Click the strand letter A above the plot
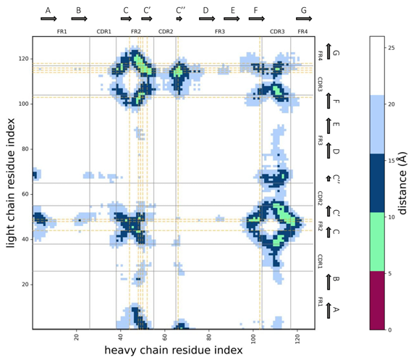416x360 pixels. tap(48, 10)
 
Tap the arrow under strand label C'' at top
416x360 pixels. tap(179, 19)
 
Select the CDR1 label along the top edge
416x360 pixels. tap(103, 32)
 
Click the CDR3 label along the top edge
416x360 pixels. tap(277, 32)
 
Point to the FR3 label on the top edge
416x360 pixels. tap(220, 32)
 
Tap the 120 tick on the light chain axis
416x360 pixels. tap(23, 59)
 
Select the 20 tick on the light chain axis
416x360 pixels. tap(25, 284)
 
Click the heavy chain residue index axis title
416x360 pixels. tap(174, 350)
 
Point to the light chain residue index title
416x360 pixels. tap(10, 183)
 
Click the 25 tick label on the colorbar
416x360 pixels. tap(391, 48)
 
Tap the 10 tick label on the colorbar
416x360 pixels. tap(391, 217)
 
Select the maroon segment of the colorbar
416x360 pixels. tap(377, 300)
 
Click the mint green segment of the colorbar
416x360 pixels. tap(377, 241)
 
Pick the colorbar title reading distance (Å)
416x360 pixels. tap(402, 183)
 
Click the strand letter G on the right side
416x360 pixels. tap(336, 53)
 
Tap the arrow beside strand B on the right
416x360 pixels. tap(328, 282)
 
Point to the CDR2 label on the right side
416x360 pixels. tap(320, 198)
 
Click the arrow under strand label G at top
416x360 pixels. tap(304, 19)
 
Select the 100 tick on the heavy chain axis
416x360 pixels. tap(253, 338)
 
